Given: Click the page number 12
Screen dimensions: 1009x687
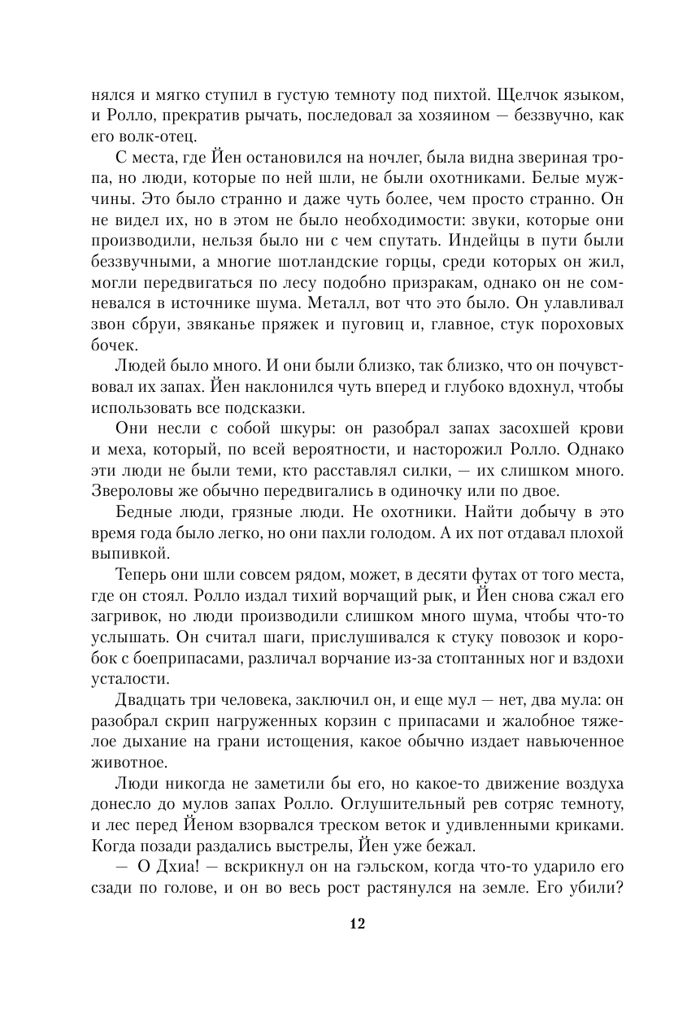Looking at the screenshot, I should (x=357, y=924).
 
